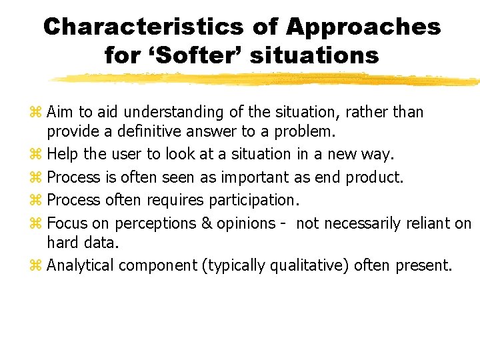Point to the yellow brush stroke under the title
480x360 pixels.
[267, 79]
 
